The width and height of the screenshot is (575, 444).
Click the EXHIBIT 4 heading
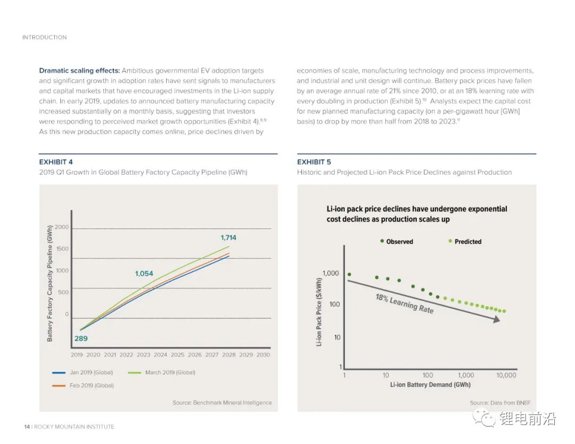point(56,162)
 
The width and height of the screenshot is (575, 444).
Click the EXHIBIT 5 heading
point(314,162)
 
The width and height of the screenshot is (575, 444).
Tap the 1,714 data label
point(228,237)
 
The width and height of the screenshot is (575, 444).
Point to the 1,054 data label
point(144,274)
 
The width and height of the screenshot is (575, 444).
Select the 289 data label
point(81,338)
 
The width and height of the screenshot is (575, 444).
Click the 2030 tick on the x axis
point(263,355)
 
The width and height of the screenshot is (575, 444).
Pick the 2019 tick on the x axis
point(77,355)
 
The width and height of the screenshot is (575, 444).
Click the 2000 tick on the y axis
point(62,227)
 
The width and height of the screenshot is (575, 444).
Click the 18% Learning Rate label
point(405,303)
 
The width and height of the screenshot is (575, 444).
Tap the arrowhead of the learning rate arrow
point(496,319)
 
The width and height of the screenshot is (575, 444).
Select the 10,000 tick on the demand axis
point(506,375)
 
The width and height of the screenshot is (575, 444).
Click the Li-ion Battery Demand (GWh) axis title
point(430,384)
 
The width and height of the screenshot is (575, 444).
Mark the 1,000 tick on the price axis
point(331,274)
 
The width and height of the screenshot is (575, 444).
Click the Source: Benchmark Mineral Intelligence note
point(222,402)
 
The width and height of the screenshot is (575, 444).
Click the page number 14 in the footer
point(27,426)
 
